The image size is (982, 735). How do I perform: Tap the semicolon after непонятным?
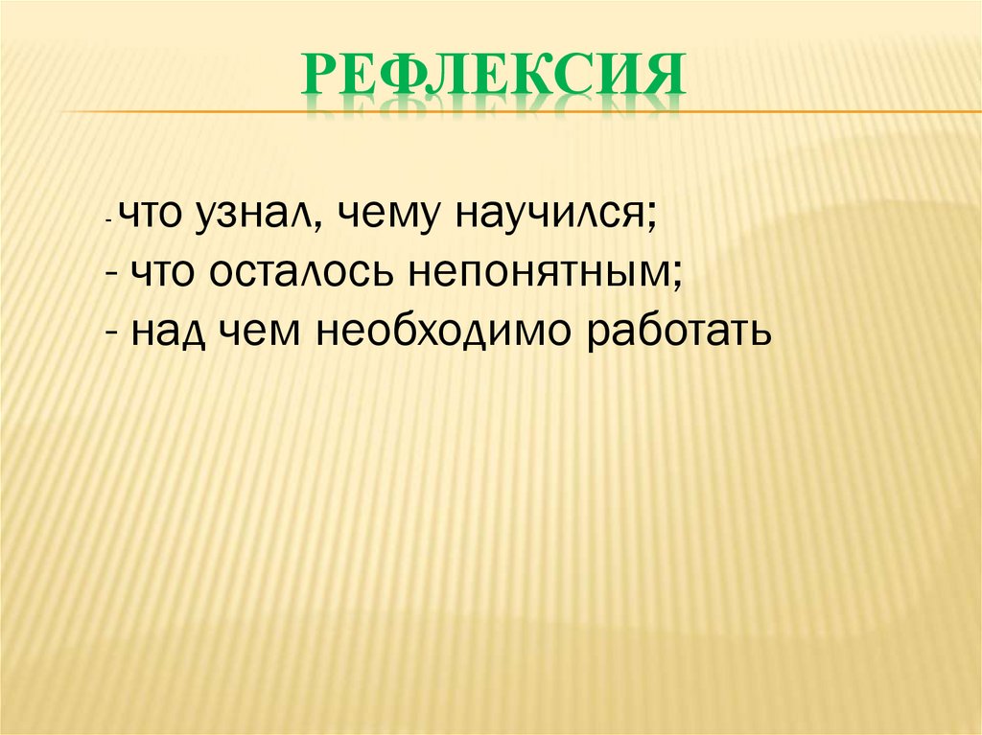(x=678, y=276)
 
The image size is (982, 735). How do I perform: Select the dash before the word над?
(x=114, y=333)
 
